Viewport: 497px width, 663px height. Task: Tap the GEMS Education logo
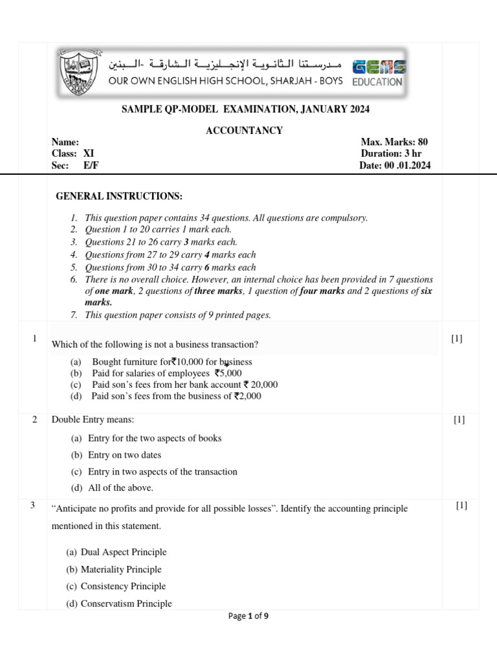point(378,73)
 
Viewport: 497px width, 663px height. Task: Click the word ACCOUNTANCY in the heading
point(244,131)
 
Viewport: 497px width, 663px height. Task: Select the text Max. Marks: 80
point(394,142)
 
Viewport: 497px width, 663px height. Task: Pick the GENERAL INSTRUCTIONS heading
point(119,196)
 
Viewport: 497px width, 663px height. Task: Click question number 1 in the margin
point(34,339)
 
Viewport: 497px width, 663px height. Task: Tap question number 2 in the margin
point(34,420)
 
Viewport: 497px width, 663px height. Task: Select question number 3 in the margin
point(32,506)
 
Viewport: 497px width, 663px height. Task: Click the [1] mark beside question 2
point(459,420)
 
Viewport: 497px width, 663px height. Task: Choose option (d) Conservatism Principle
point(119,603)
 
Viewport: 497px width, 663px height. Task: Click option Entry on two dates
point(116,455)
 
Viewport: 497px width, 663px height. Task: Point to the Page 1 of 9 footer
point(248,616)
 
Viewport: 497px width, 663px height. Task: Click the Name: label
point(65,142)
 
